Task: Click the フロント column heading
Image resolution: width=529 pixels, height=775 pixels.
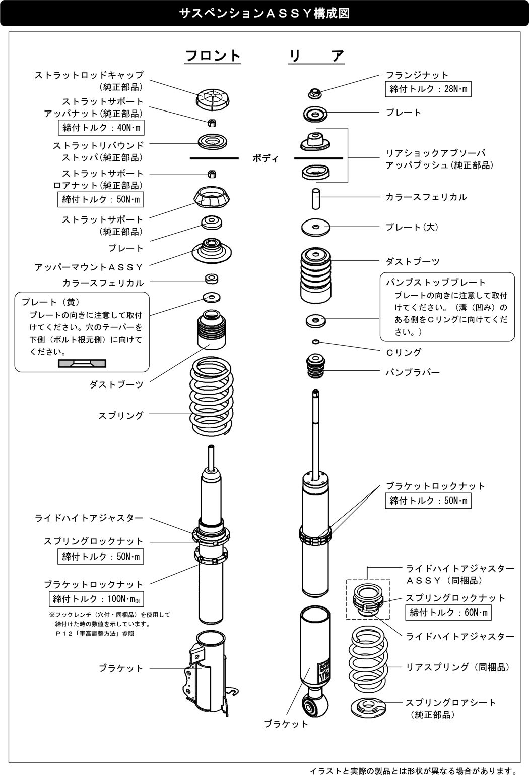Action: click(x=213, y=56)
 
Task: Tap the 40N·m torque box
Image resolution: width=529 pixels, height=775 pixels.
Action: click(x=101, y=128)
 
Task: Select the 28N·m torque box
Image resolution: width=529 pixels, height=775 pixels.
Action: click(x=429, y=90)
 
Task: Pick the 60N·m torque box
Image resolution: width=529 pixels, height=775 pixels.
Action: click(x=448, y=613)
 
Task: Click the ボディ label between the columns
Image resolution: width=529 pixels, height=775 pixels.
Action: click(x=265, y=158)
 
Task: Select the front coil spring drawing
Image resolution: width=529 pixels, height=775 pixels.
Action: click(x=212, y=397)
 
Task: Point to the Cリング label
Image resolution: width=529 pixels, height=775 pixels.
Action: click(x=403, y=352)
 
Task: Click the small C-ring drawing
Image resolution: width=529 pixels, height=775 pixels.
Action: click(x=316, y=342)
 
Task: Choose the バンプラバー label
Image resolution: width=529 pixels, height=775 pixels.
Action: click(x=413, y=372)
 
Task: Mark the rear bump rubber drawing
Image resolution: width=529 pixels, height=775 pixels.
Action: click(x=316, y=366)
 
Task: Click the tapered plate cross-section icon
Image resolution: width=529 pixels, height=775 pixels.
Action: click(x=82, y=363)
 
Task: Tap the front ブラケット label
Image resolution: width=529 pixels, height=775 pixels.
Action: click(x=121, y=668)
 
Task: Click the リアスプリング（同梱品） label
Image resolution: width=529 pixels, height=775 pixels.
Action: click(x=458, y=667)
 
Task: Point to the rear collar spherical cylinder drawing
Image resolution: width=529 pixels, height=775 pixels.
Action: click(x=315, y=197)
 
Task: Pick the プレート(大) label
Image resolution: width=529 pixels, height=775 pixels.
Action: click(x=412, y=227)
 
